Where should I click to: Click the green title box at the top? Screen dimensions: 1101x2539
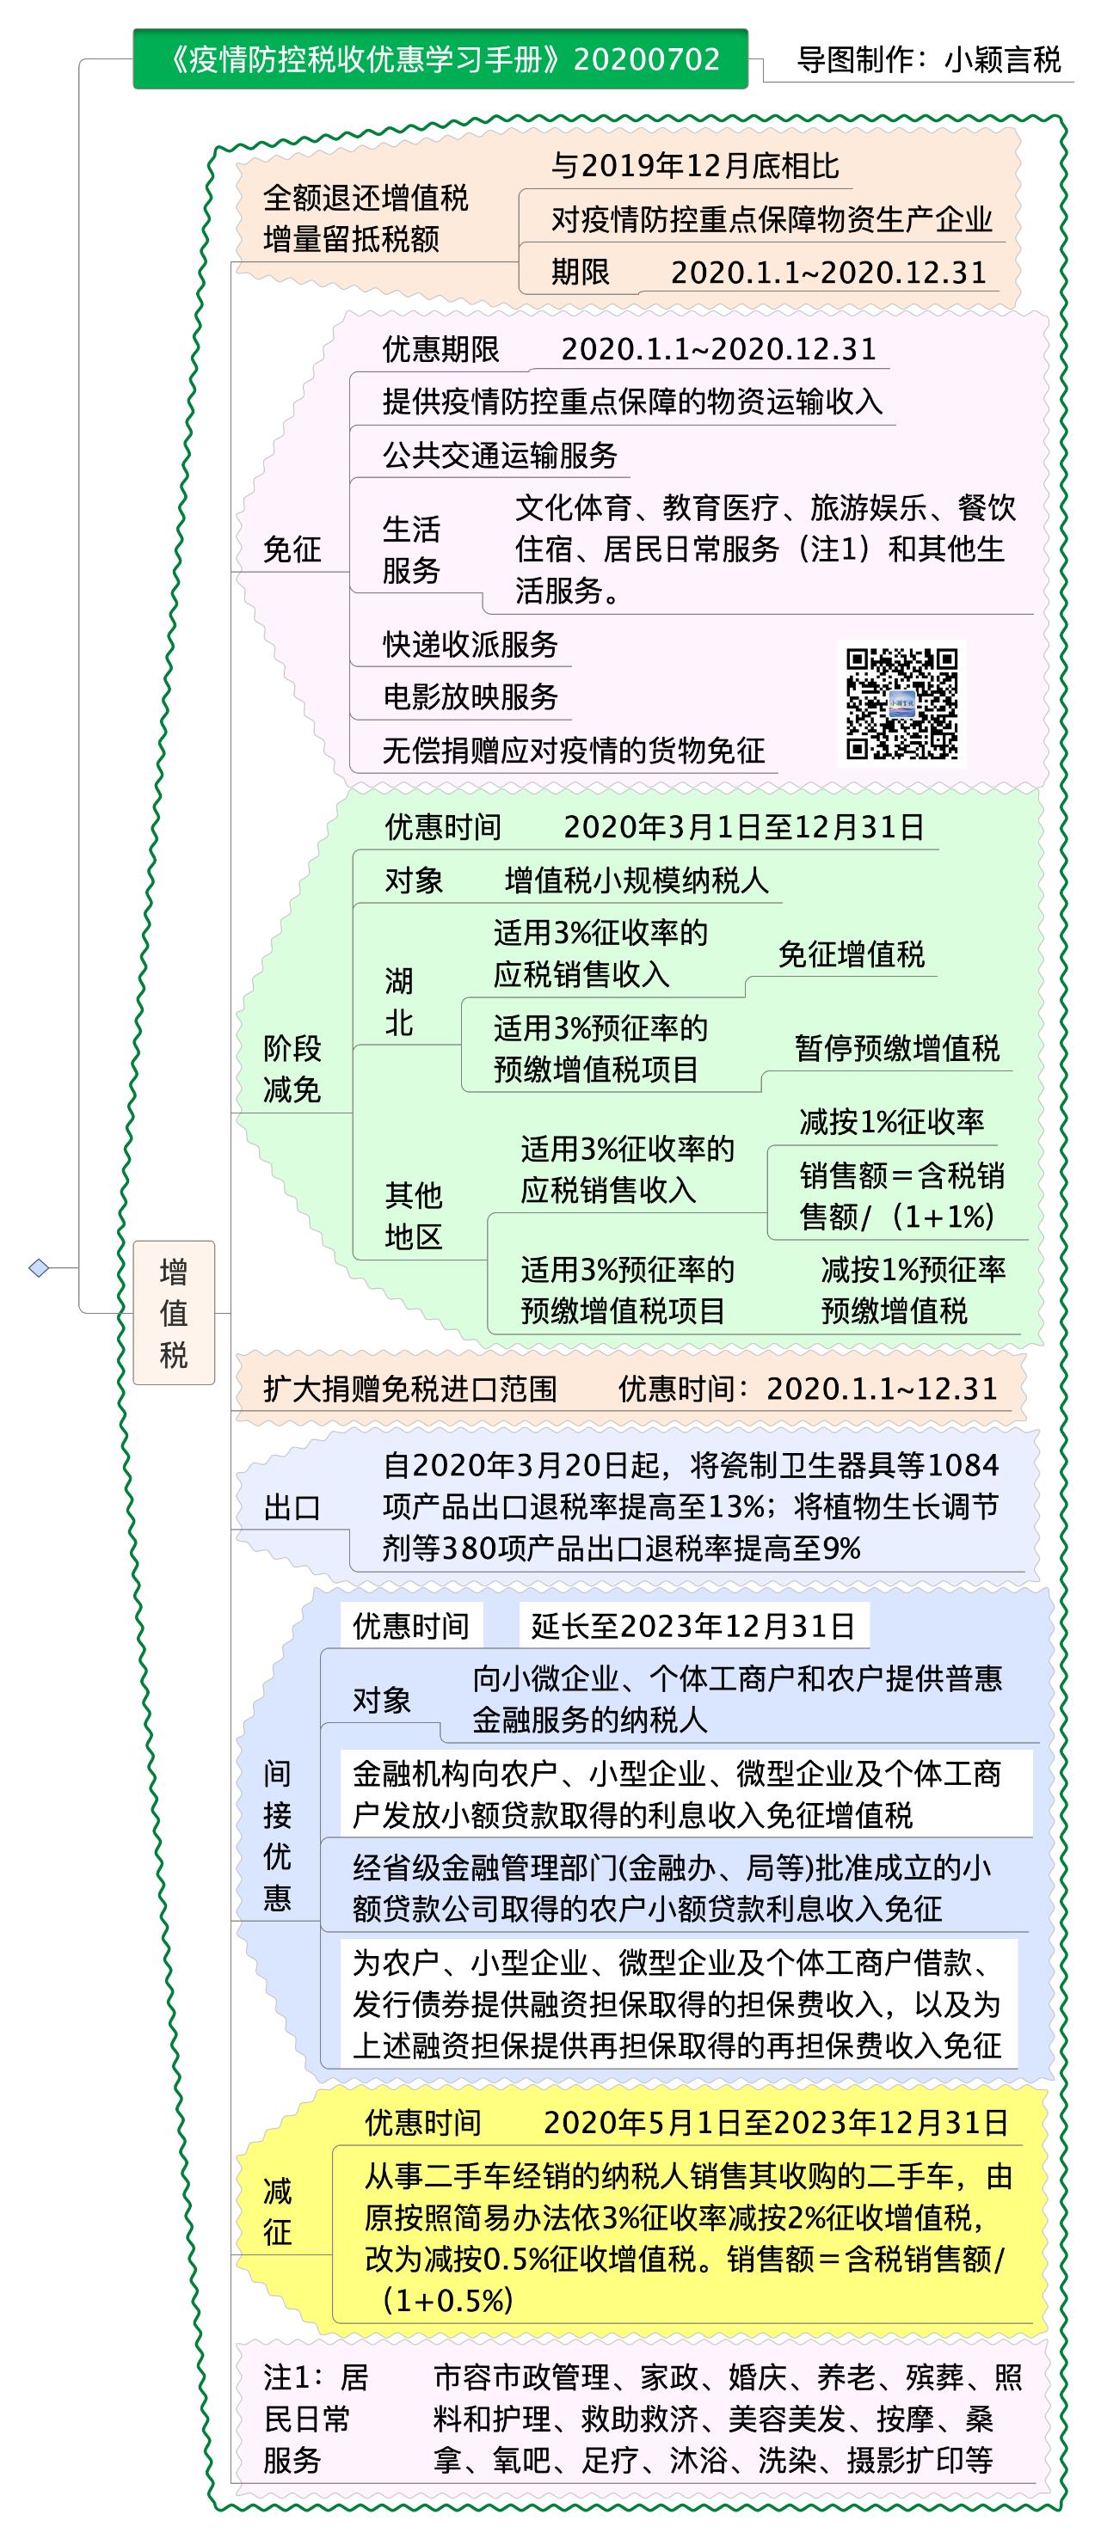(440, 59)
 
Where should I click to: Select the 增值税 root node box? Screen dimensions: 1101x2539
(174, 1313)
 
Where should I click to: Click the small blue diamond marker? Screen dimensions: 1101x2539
(40, 1267)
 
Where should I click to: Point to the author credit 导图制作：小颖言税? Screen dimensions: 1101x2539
(928, 60)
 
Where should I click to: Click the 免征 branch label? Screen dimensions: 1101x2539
(292, 549)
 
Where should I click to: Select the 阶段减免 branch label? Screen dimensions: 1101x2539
(292, 1069)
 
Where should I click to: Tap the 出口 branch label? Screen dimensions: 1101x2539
(292, 1507)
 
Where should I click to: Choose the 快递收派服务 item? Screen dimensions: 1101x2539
(471, 644)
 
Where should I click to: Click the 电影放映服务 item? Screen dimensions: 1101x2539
(471, 696)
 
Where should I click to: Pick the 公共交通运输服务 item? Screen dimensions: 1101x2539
(500, 454)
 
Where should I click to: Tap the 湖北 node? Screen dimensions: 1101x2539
(398, 1002)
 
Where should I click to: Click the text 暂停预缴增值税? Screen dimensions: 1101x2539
(897, 1048)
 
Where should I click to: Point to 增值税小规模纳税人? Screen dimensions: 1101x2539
(637, 880)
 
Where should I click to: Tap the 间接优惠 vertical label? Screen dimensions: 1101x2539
(277, 1836)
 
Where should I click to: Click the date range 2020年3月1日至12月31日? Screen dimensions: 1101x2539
(744, 826)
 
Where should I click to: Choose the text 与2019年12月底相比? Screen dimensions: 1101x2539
(695, 166)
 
